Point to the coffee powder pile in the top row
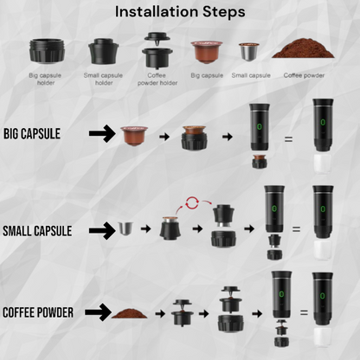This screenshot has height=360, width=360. click(x=299, y=49)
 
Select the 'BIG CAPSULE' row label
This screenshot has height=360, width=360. click(x=39, y=134)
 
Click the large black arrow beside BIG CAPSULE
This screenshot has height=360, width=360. click(x=103, y=134)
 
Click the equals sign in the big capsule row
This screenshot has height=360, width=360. click(x=289, y=138)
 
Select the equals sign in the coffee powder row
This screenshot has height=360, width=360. click(x=299, y=312)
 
